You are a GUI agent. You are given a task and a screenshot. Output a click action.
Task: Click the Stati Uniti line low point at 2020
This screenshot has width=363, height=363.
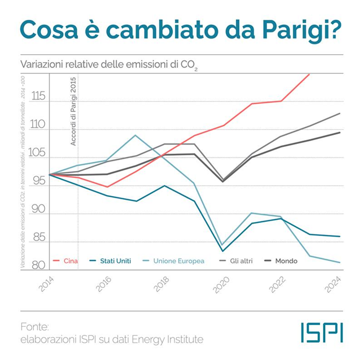point(223,251)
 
